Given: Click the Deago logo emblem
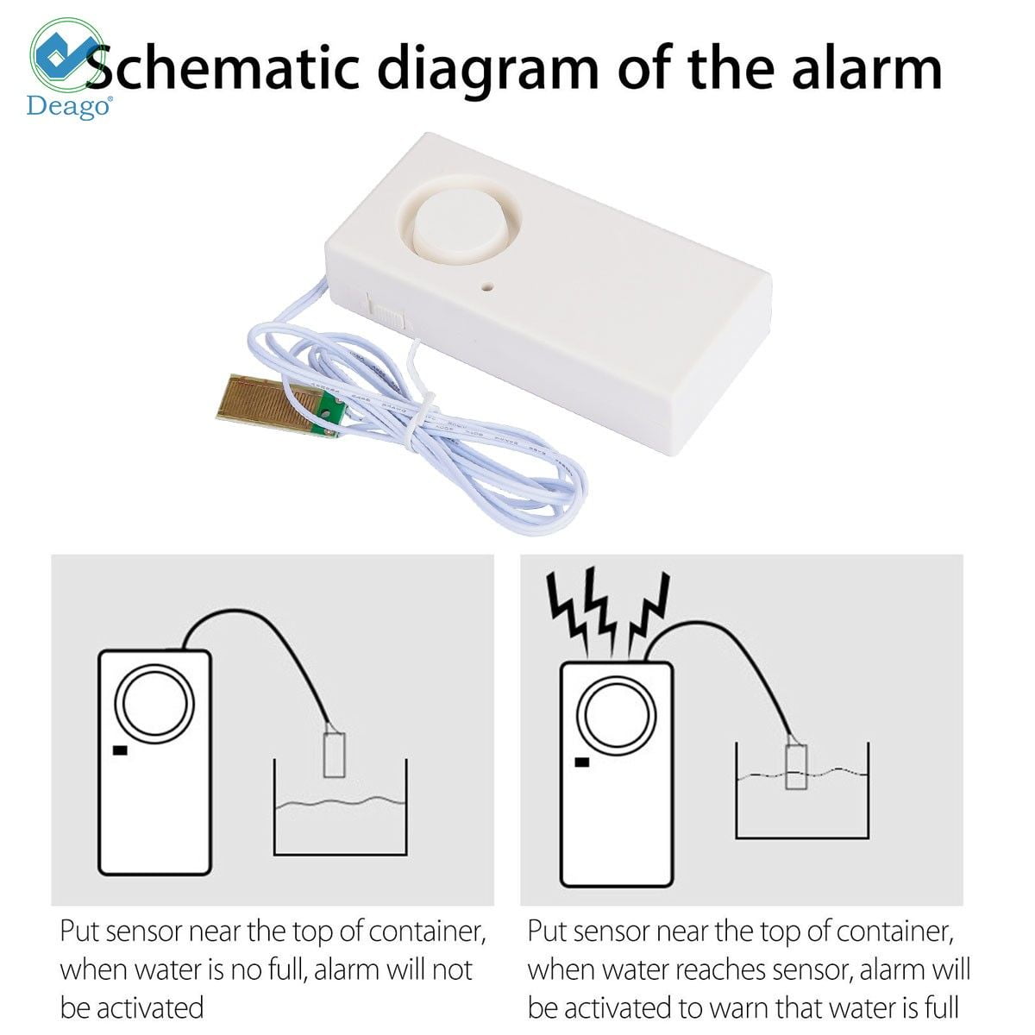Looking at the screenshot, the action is point(67,56).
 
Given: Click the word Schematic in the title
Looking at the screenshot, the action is point(223,67).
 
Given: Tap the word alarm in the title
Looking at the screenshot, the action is point(867,67).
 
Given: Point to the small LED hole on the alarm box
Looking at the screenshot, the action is point(488,286).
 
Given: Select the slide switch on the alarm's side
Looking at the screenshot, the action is point(386,310).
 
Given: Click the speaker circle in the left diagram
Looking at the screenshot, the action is point(155,703).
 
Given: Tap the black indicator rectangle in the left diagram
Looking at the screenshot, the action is point(120,750).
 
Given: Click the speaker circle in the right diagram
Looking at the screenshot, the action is point(617,715).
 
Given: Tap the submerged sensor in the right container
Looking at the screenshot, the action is point(796,766).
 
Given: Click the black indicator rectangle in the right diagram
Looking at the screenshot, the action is point(581,762).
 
